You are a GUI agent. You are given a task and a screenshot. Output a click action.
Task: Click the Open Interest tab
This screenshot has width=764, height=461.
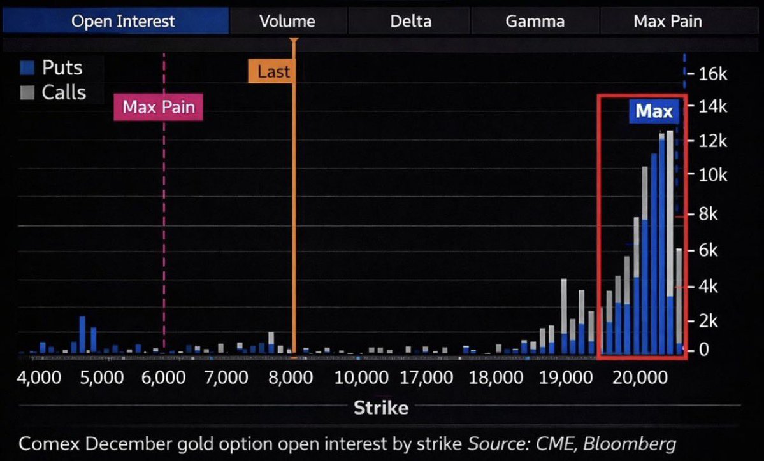coord(122,22)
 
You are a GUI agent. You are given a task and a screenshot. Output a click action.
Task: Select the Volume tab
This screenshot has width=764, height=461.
coord(287,22)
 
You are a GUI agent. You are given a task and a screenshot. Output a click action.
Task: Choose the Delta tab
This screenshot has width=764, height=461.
coord(410,22)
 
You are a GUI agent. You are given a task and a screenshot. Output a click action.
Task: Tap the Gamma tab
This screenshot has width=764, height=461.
coord(535,22)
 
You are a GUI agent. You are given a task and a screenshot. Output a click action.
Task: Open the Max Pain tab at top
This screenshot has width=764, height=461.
coord(667,22)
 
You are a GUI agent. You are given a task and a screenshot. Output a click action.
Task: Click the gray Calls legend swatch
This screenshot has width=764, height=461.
coord(27,93)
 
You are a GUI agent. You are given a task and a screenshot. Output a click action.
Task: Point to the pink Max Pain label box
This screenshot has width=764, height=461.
coord(158,107)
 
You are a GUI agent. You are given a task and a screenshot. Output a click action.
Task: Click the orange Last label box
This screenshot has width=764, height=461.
coord(273,72)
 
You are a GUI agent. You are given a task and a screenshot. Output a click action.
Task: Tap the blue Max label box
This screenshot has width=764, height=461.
coord(654,112)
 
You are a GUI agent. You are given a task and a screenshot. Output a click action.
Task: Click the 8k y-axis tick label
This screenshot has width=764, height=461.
coord(707,215)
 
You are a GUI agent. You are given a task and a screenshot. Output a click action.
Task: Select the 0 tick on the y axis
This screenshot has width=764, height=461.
coord(703,350)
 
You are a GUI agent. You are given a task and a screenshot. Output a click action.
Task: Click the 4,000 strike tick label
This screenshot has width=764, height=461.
coord(40,378)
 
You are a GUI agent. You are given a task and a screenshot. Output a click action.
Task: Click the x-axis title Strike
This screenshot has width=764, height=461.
coord(381,408)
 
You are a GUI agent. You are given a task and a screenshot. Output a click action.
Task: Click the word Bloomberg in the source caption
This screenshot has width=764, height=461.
coord(629,443)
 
